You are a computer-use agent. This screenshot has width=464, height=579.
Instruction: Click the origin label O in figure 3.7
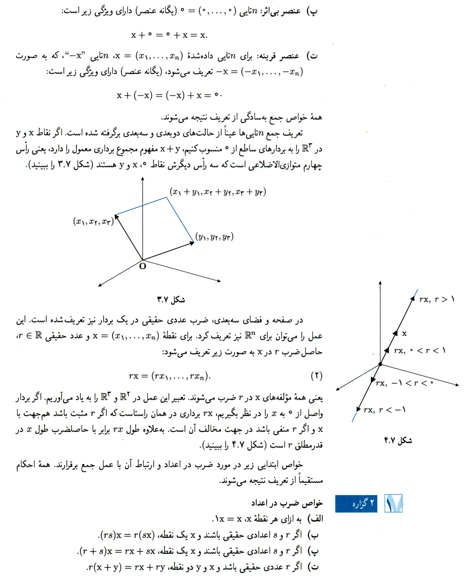pyautogui.click(x=143, y=266)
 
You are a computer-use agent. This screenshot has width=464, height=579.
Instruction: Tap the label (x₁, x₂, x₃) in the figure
pyautogui.click(x=93, y=221)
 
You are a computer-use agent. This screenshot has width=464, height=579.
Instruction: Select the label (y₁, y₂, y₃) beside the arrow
pyautogui.click(x=215, y=237)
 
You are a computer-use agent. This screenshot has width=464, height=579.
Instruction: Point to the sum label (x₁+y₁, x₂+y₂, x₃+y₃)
pyautogui.click(x=218, y=192)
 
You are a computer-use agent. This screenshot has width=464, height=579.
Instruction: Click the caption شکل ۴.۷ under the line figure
pyautogui.click(x=397, y=440)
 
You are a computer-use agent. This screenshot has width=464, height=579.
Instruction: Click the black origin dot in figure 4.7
pyautogui.click(x=380, y=364)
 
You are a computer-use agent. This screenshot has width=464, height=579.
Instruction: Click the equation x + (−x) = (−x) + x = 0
pyautogui.click(x=172, y=95)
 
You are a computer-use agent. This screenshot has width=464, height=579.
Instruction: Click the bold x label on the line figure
pyautogui.click(x=405, y=333)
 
